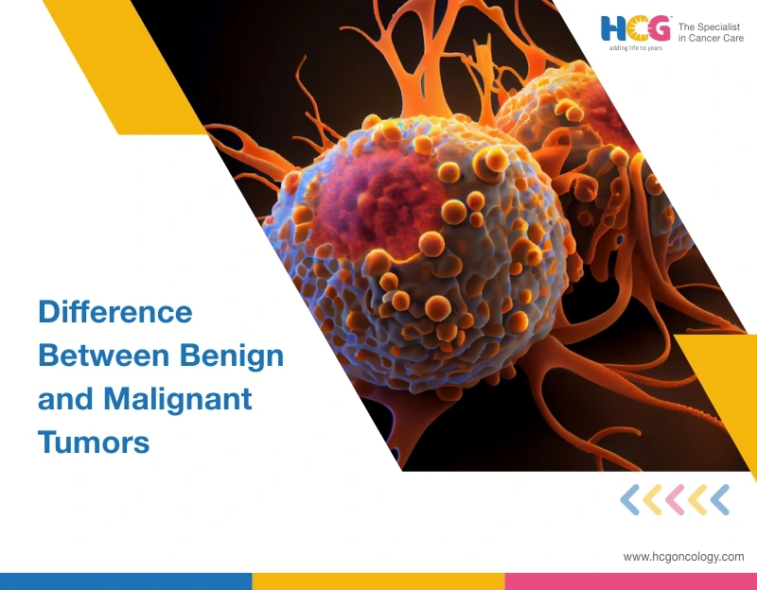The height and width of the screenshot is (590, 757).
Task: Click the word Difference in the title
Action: pyautogui.click(x=115, y=312)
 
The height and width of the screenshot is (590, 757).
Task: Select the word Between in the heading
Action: pyautogui.click(x=104, y=356)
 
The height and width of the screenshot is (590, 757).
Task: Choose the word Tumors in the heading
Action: pyautogui.click(x=94, y=442)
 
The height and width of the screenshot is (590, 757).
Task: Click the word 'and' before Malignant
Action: pyautogui.click(x=65, y=399)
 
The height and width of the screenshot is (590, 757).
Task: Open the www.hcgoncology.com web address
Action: pyautogui.click(x=683, y=557)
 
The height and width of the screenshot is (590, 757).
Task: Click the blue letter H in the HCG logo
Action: pyautogui.click(x=613, y=28)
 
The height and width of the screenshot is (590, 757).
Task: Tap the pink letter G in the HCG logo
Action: pyautogui.click(x=658, y=28)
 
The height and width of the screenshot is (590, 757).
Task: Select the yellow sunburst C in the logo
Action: pyautogui.click(x=636, y=28)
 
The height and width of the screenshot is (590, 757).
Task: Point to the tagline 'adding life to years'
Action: pyautogui.click(x=635, y=48)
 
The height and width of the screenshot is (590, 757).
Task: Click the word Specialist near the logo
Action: pyautogui.click(x=717, y=27)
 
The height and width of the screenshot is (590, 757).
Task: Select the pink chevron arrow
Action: pyautogui.click(x=675, y=500)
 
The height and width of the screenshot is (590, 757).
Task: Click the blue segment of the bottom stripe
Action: pyautogui.click(x=126, y=581)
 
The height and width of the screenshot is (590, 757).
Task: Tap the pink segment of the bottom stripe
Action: pyautogui.click(x=631, y=581)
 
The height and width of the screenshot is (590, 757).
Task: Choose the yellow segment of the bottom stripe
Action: pyautogui.click(x=378, y=581)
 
